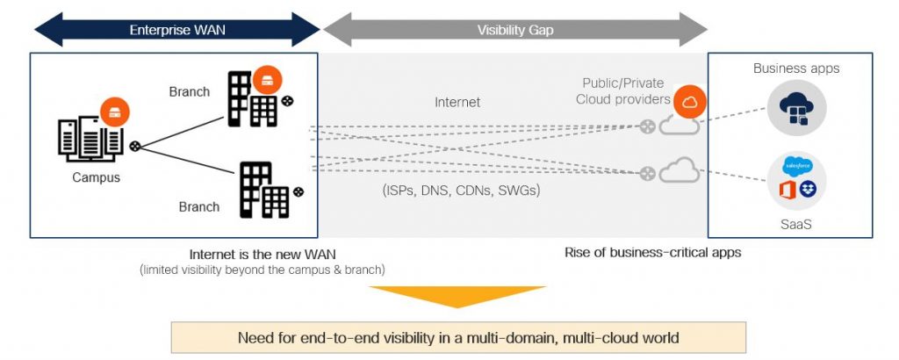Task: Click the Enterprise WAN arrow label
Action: click(x=177, y=30)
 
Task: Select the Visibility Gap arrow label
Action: click(x=515, y=30)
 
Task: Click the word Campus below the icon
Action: click(x=97, y=177)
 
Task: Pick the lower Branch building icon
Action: click(x=264, y=189)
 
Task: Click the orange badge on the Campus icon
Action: click(x=115, y=112)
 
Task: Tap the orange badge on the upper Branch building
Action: click(x=268, y=81)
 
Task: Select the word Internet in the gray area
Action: click(x=457, y=103)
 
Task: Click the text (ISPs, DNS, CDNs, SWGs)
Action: click(x=461, y=190)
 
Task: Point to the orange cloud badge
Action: click(x=690, y=103)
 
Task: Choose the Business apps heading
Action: click(x=796, y=68)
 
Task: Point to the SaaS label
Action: click(x=795, y=224)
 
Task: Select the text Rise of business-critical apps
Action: click(x=653, y=253)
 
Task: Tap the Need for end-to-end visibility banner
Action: click(x=458, y=337)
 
